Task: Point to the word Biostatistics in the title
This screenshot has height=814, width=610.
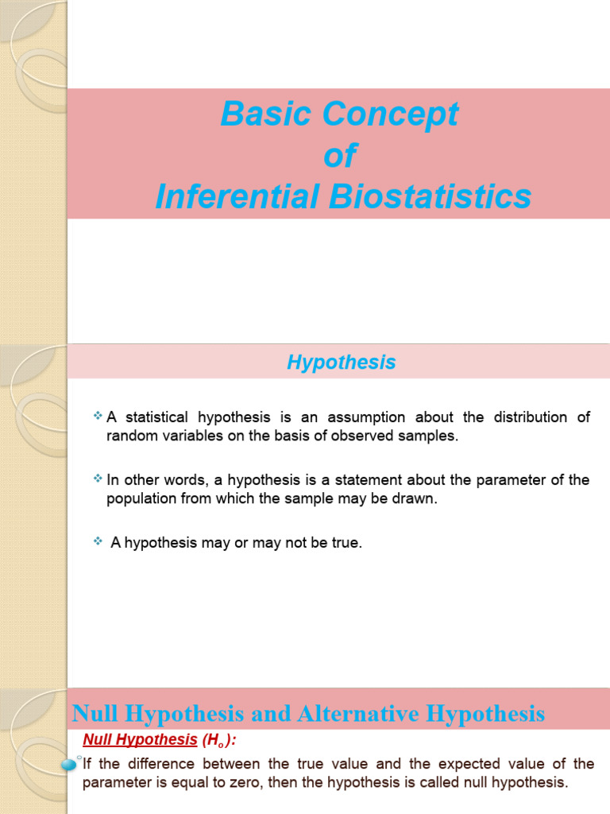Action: point(430,197)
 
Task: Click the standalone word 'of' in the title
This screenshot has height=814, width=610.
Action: point(340,156)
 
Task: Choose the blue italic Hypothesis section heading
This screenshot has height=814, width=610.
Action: point(342,362)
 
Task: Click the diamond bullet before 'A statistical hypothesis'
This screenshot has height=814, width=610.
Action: point(98,416)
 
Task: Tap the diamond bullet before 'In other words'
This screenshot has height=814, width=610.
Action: point(98,479)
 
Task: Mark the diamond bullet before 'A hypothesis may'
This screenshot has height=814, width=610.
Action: point(98,541)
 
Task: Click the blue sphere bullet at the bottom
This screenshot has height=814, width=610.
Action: point(69,763)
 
